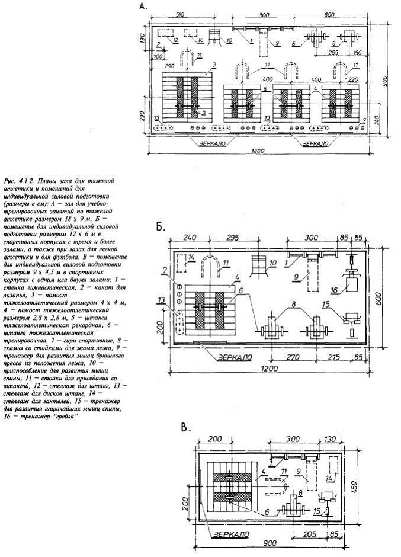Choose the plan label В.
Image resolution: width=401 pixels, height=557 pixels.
(x=185, y=427)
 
